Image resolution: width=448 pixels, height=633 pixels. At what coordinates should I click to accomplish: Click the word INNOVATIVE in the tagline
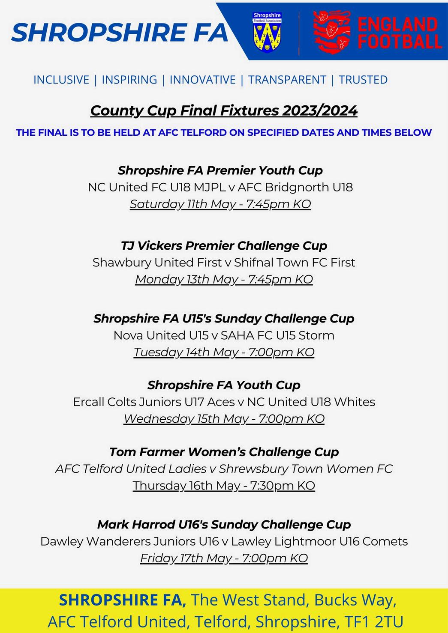[x=203, y=80]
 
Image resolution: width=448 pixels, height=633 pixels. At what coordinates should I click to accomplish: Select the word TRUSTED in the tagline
[x=363, y=80]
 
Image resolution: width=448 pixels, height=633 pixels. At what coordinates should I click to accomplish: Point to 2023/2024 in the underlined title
[x=319, y=110]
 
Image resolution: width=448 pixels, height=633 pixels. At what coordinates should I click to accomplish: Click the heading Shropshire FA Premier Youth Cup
[x=220, y=170]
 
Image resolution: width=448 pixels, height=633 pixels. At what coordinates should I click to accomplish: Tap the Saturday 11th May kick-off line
[x=220, y=204]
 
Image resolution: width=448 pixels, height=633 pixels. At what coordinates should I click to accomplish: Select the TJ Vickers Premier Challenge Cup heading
[x=224, y=246]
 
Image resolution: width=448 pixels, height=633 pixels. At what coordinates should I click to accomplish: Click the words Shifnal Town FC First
[x=295, y=263]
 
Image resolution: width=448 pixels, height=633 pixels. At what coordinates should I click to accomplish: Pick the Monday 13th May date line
[x=224, y=279]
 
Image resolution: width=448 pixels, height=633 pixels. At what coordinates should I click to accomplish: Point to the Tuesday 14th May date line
[x=224, y=352]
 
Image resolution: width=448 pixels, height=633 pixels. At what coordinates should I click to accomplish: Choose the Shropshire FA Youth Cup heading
[x=224, y=385]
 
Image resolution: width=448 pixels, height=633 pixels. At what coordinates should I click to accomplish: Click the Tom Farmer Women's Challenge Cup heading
[x=224, y=452]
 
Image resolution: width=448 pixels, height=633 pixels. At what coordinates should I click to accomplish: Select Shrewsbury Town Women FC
[x=306, y=469]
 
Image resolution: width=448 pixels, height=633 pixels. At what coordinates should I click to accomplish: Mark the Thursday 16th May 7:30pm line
[x=224, y=486]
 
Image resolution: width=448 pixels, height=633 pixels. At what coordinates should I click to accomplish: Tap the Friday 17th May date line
[x=224, y=558]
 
